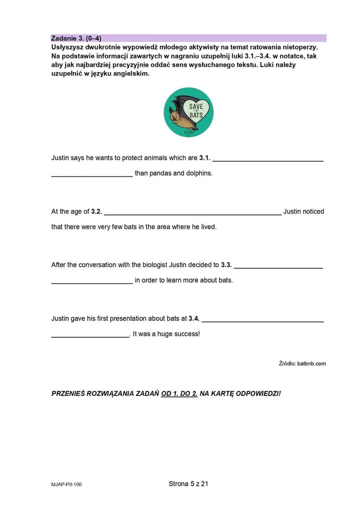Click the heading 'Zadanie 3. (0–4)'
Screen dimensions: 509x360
79,38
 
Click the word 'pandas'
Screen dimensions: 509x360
161,173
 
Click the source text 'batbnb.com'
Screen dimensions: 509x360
311,364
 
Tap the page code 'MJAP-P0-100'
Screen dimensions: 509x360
67,485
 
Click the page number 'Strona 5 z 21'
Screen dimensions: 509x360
189,484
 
